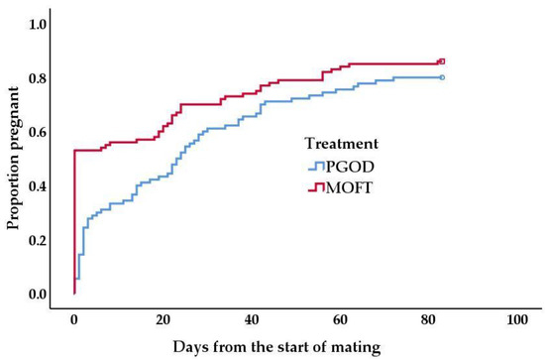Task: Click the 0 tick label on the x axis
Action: coord(74,322)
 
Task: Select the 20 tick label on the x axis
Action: coord(163,322)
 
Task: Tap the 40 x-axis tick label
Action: coord(251,322)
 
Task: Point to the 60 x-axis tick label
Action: coord(339,322)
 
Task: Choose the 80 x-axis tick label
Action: coord(427,322)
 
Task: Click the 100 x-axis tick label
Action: coord(515,322)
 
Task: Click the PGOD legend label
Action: coord(348,166)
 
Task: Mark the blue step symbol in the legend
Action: coord(317,166)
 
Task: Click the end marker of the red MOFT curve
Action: coord(442,61)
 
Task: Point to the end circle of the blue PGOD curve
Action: coord(442,77)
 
